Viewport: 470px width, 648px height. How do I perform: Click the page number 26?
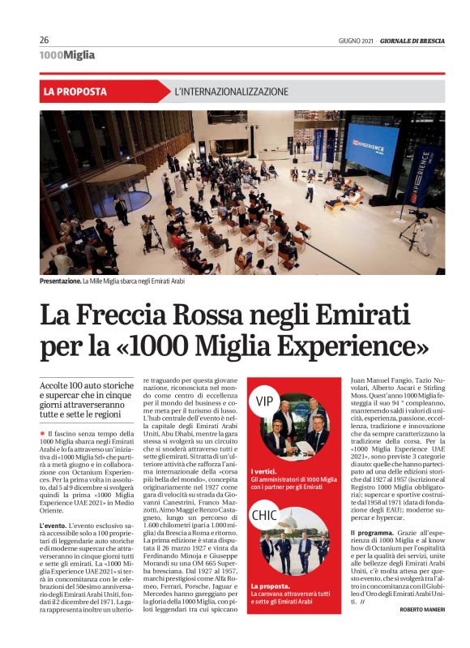(44, 40)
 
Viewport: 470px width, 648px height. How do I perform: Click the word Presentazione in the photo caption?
(61, 281)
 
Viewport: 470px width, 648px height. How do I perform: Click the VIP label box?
(265, 401)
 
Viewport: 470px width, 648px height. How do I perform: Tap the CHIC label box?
(266, 515)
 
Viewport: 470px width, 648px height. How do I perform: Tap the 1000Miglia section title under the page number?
(67, 55)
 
